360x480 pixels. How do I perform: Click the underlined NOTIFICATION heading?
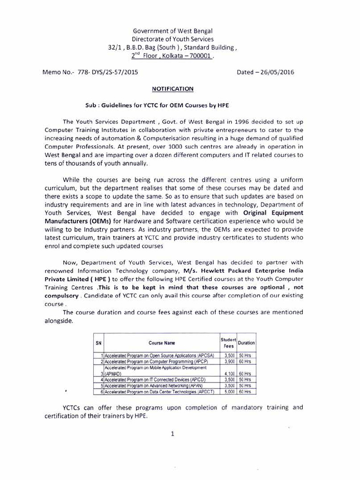tap(172, 89)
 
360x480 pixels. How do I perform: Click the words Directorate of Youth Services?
tap(172, 39)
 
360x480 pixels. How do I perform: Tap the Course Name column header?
tap(162, 343)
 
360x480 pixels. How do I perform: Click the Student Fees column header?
tap(228, 342)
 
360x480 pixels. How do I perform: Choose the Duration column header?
tap(246, 343)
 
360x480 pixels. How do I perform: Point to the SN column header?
tap(98, 343)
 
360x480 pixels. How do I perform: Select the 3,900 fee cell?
tap(229, 362)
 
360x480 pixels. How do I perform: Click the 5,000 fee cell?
tap(229, 391)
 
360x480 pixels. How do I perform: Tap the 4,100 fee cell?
tap(229, 374)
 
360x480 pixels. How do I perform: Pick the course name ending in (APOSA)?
tap(159, 356)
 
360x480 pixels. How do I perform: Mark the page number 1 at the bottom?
tap(172, 434)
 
